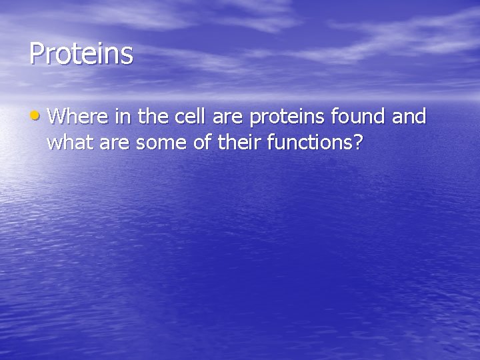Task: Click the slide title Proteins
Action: click(x=81, y=54)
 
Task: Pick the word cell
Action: click(x=191, y=117)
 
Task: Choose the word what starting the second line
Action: click(x=68, y=142)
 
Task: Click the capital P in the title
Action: click(x=36, y=54)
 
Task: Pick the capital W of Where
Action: click(x=57, y=117)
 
